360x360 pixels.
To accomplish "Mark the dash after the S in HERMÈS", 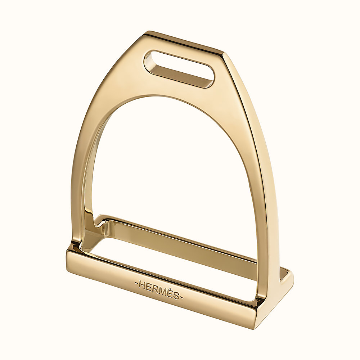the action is click(x=181, y=297).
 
